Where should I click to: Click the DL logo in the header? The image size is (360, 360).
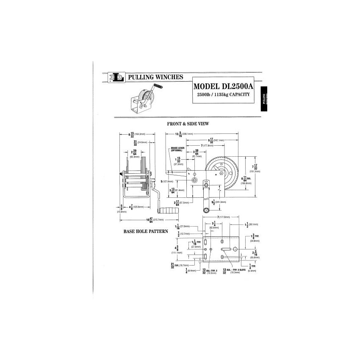tap(117, 77)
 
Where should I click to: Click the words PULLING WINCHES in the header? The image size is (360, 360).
tap(155, 77)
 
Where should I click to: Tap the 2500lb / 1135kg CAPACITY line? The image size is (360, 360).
tap(223, 95)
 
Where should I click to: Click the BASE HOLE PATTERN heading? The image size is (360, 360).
tap(146, 232)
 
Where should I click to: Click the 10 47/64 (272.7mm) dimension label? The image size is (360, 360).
tap(155, 220)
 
